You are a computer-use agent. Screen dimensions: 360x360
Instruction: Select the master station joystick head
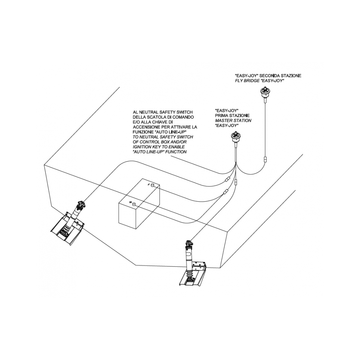point(236,137)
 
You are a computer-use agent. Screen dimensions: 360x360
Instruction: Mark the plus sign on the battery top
point(129,202)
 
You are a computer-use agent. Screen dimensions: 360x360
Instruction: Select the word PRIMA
point(222,115)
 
